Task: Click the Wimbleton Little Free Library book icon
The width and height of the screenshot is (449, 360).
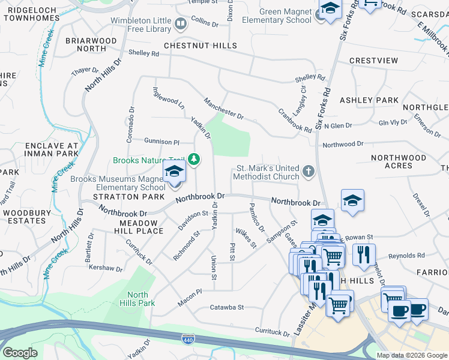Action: click(x=181, y=25)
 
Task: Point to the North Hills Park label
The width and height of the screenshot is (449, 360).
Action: click(x=137, y=299)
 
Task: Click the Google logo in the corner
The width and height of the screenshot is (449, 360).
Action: click(x=19, y=353)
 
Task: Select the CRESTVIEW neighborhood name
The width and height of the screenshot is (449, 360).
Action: click(x=373, y=61)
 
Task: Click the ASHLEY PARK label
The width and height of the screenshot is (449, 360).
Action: click(x=369, y=100)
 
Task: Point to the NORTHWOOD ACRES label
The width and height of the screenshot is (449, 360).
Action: click(x=399, y=161)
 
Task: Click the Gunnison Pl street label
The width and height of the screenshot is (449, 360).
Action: click(x=161, y=142)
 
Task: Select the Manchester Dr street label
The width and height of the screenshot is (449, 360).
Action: click(x=223, y=109)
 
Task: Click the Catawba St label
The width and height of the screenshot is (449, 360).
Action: click(x=226, y=307)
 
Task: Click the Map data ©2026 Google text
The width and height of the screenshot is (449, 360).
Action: click(x=412, y=355)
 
